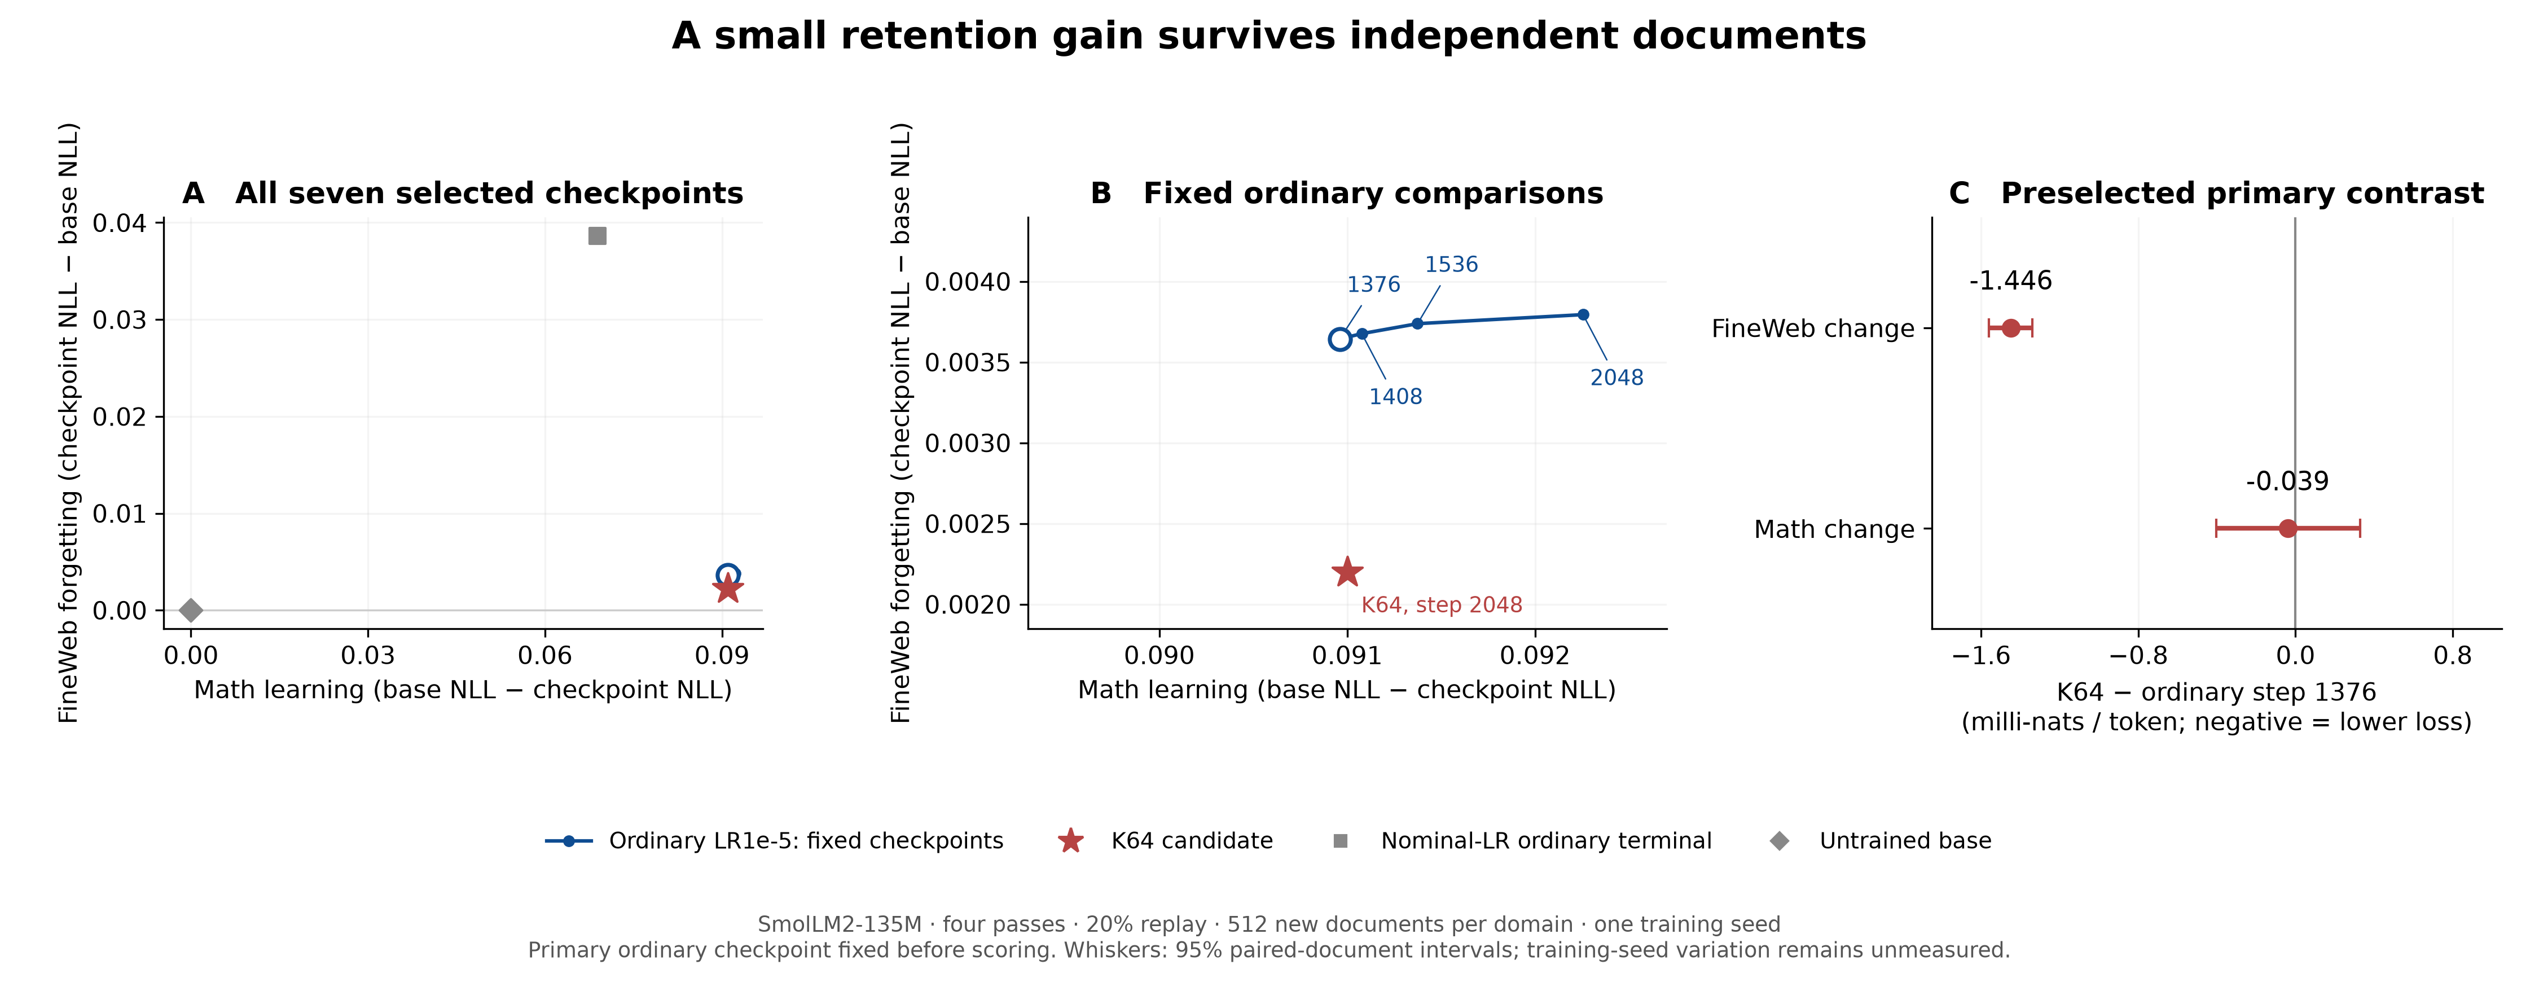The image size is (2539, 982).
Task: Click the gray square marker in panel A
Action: tap(598, 236)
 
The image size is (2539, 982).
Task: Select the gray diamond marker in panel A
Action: tap(191, 610)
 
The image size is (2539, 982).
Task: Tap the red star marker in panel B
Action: tap(1346, 572)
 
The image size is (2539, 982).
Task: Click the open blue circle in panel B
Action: tap(1339, 339)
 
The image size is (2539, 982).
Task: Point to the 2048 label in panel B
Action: tap(1616, 378)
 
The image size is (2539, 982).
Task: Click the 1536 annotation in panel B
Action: tap(1451, 264)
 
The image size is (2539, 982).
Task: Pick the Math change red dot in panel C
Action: tap(2288, 528)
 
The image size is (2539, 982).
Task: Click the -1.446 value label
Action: tap(2011, 281)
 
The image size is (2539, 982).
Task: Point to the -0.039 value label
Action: tap(2288, 481)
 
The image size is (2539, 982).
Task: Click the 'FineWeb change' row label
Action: tap(1813, 328)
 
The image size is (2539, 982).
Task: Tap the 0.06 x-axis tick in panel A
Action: tap(545, 656)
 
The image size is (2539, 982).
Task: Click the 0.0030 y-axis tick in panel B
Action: tap(968, 444)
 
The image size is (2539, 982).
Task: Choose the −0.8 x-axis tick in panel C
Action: tap(2138, 656)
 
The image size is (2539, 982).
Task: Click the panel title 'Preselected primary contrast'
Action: tap(2242, 193)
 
